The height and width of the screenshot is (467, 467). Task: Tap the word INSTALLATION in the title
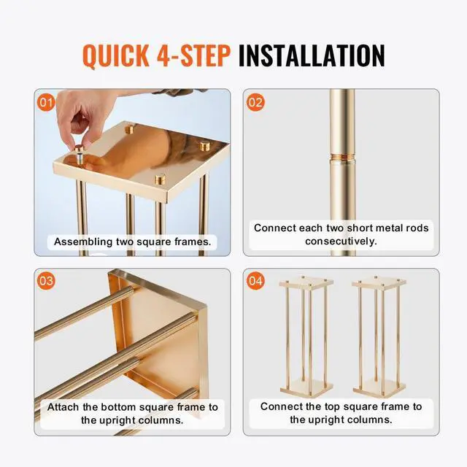click(x=312, y=55)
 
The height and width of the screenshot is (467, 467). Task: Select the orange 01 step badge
click(x=46, y=102)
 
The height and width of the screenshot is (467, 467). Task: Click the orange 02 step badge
click(x=255, y=102)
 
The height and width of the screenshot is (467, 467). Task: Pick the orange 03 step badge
click(x=46, y=280)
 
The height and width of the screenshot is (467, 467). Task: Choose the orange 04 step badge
click(x=255, y=280)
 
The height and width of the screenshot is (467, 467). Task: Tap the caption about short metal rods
click(x=341, y=234)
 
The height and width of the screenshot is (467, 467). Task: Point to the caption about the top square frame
click(x=341, y=413)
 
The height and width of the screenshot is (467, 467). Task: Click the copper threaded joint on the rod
click(x=341, y=177)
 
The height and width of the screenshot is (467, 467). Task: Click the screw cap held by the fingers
click(x=77, y=154)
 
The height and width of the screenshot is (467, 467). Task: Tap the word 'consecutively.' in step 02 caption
click(x=341, y=242)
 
